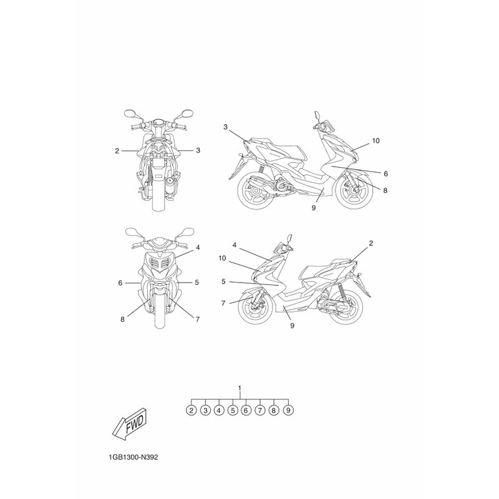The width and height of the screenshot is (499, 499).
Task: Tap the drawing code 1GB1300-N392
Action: coord(133,458)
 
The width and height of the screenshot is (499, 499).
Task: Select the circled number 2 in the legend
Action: coord(191,410)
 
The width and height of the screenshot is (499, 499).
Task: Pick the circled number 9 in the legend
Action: coord(288,410)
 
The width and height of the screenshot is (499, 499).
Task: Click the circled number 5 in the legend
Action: coord(233,410)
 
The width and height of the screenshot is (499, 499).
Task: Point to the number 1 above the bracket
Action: coord(240,388)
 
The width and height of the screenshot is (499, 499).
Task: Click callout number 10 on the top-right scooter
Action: coord(376,141)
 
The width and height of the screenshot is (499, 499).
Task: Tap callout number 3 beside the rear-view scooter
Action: coord(198,150)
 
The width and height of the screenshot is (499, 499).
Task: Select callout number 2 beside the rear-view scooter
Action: coord(117,151)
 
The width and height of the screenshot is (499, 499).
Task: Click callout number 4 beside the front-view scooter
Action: coord(198,247)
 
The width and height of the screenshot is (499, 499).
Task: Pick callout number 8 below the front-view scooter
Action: coord(122,319)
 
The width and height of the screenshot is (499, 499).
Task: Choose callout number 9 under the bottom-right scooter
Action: coord(292,325)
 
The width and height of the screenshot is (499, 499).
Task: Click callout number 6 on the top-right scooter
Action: coord(385,173)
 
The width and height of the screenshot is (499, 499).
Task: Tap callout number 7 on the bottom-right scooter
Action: coord(223,303)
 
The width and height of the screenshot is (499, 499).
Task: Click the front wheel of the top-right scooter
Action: coord(354,191)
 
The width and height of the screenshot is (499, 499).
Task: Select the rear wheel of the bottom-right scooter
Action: coord(345,307)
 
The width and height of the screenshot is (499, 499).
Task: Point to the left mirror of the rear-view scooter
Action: coord(129,114)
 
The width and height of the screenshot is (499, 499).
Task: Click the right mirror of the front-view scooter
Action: coord(188,231)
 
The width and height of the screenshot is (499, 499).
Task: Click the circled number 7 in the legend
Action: coord(260,410)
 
